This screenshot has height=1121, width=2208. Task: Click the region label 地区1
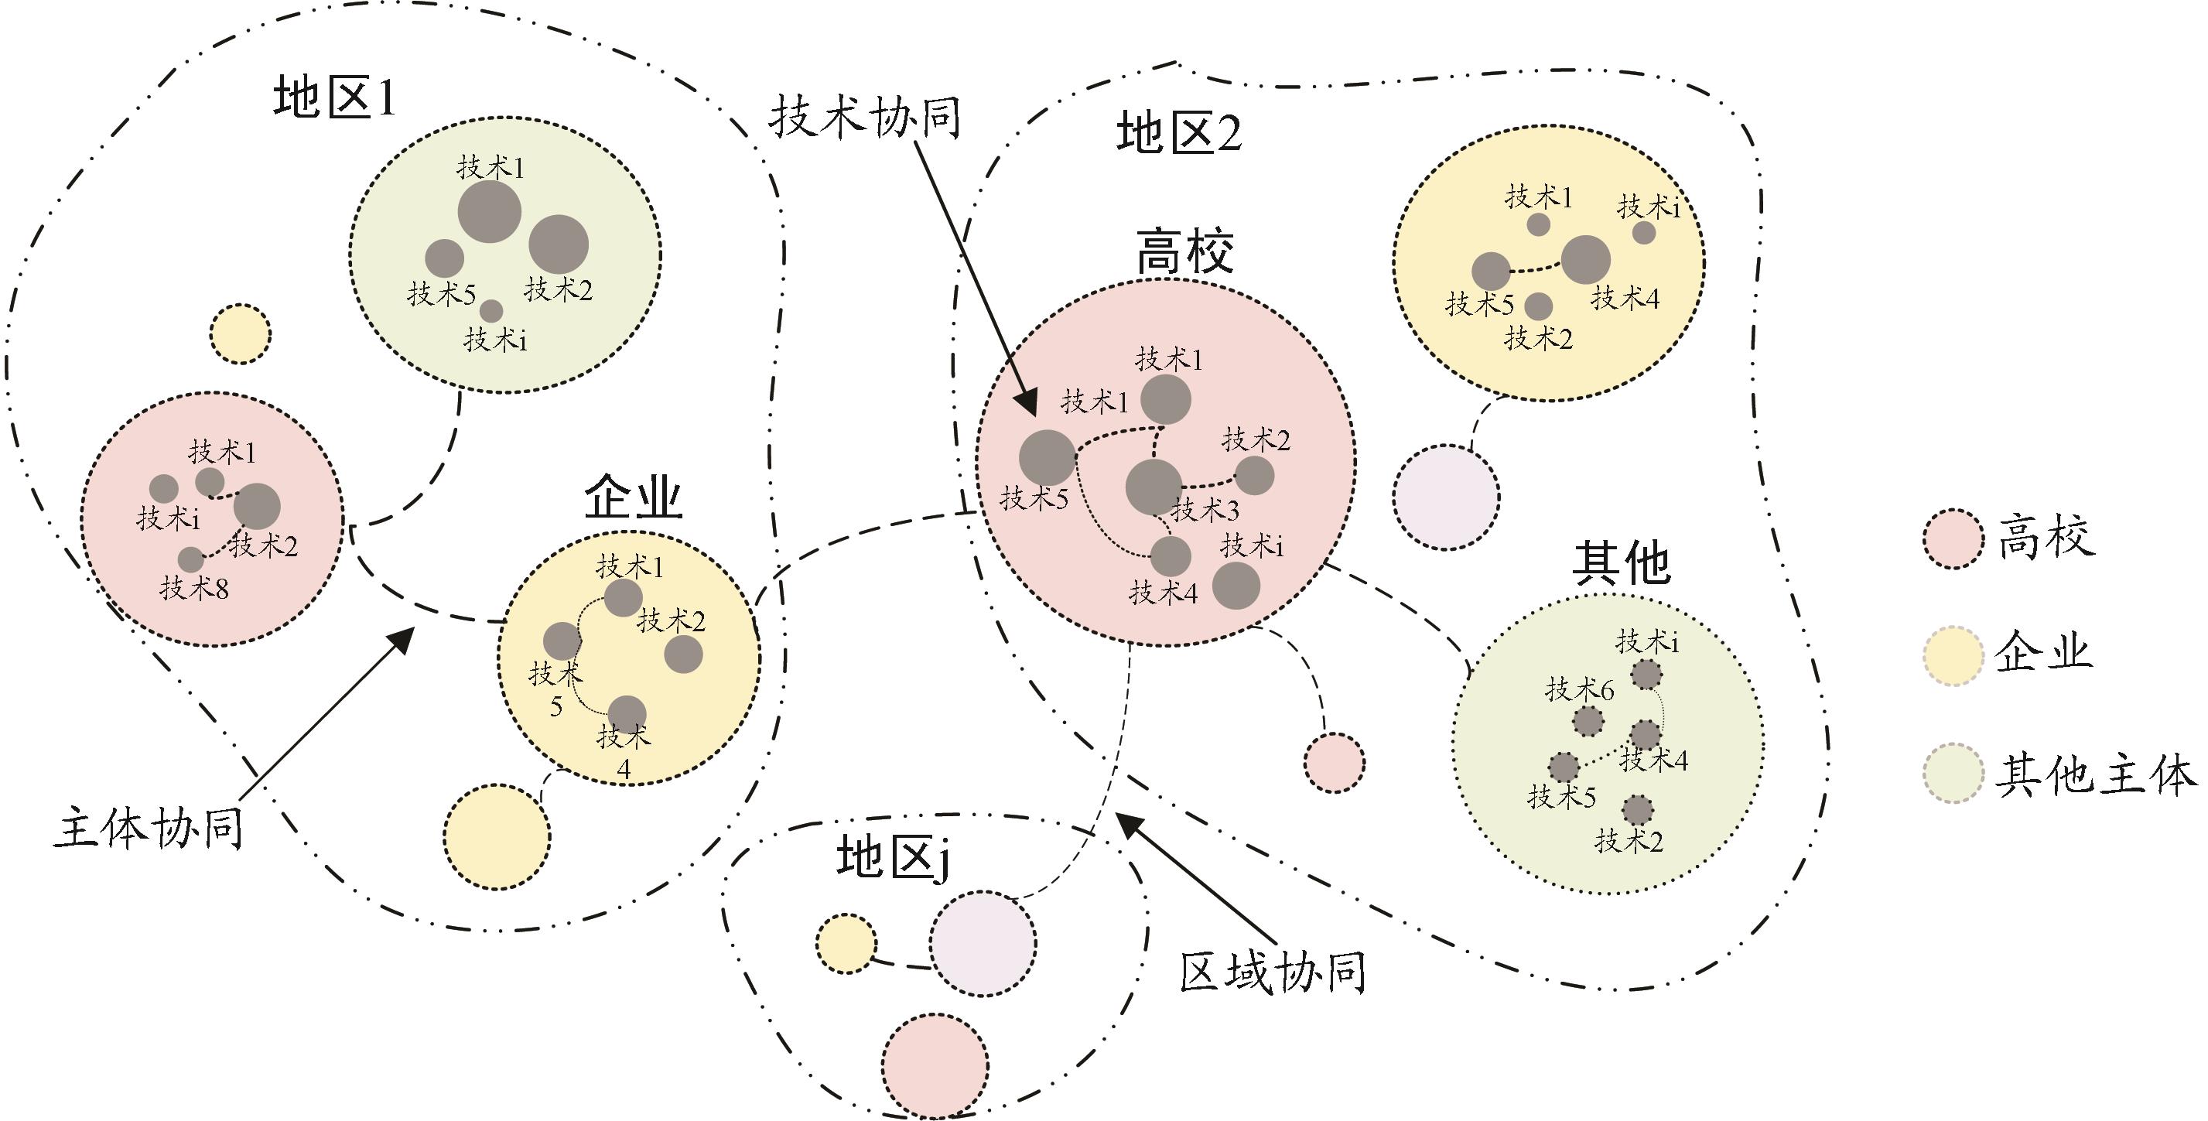pos(335,98)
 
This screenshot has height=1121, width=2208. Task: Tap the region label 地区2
pos(1179,134)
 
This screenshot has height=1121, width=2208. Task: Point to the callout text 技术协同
pos(864,117)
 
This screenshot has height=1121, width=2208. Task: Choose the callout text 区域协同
pos(1273,972)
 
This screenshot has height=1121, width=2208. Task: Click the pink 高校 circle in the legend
pos(1953,539)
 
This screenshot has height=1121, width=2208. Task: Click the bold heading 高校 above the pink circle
pos(1185,251)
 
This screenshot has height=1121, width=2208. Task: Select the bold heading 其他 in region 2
pos(1622,563)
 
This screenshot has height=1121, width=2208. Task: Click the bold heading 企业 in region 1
pos(634,497)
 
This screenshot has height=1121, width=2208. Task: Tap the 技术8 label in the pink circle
pos(193,588)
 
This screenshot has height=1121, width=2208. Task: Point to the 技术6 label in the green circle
pos(1580,689)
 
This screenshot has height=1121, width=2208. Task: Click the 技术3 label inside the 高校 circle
pos(1205,510)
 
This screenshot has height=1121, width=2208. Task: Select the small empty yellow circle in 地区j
pos(846,944)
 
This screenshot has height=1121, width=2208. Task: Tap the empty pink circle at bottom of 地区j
pos(935,1065)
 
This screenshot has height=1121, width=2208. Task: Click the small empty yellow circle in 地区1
pos(241,333)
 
